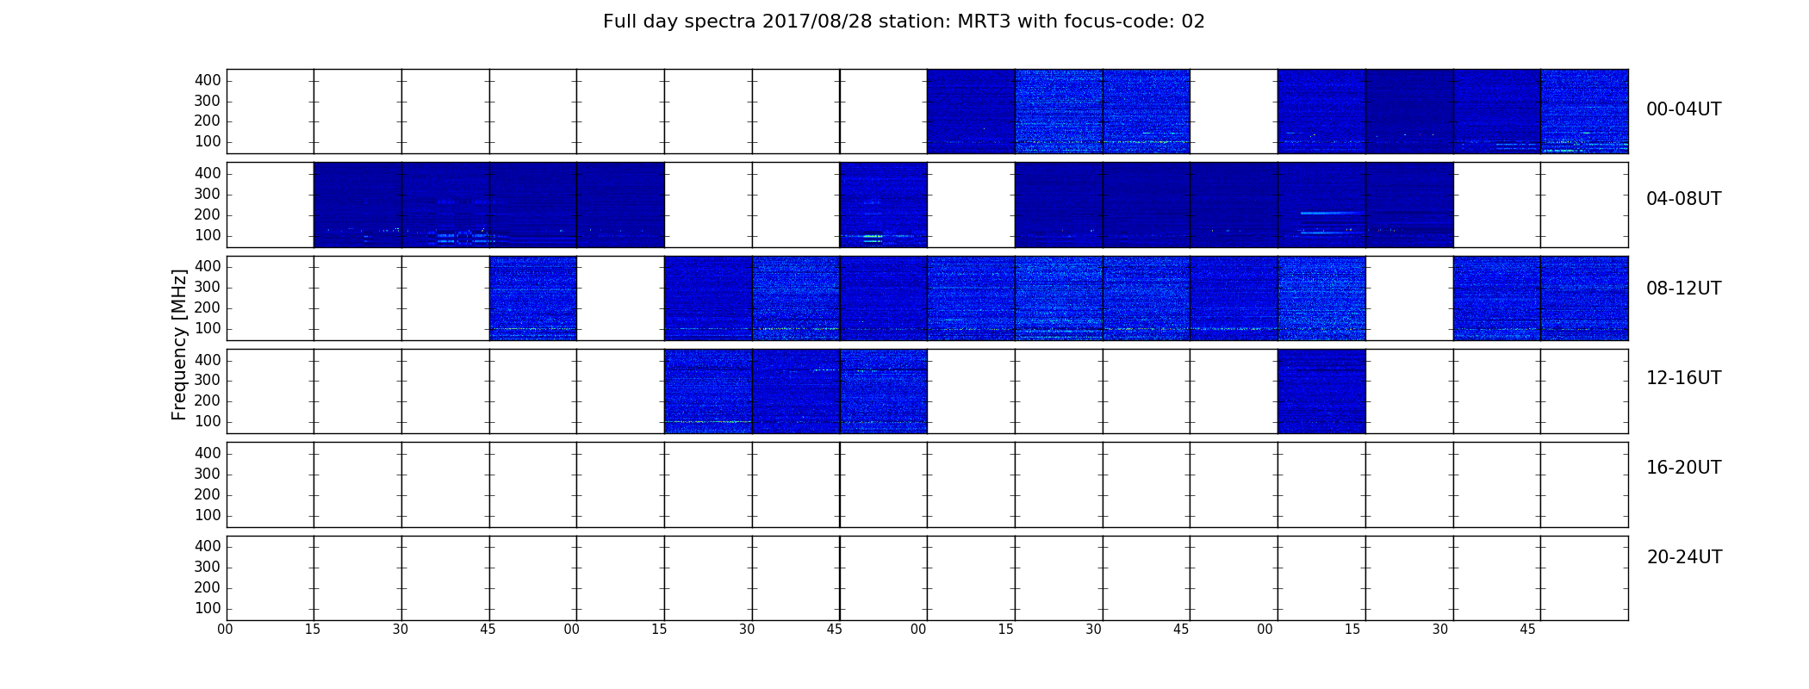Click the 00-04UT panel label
coord(1683,109)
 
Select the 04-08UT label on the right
coord(1683,199)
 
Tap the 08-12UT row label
coord(1683,289)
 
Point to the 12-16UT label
coord(1683,378)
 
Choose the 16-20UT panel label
coord(1683,468)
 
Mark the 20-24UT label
coord(1684,557)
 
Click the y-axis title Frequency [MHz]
coord(179,344)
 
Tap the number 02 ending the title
coord(1193,22)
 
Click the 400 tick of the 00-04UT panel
coord(208,80)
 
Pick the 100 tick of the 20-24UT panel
coord(208,608)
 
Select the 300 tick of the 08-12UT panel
coord(208,288)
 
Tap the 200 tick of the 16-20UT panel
coord(208,494)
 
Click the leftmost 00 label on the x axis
coord(225,630)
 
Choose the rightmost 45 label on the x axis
coord(1527,630)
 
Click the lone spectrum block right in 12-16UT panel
coord(1321,391)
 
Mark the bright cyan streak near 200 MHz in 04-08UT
coord(1331,212)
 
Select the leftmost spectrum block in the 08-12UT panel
coord(533,298)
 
